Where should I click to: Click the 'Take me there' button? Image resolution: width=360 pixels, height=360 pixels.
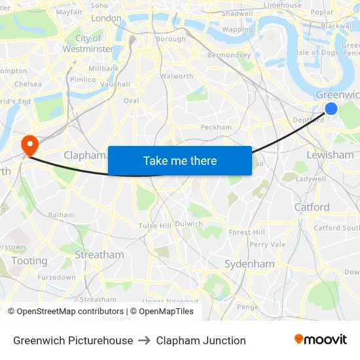click(179, 160)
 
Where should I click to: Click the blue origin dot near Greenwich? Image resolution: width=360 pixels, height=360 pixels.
click(331, 109)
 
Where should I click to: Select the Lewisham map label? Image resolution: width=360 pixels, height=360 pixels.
click(330, 155)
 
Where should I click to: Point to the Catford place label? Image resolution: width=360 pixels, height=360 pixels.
click(312, 207)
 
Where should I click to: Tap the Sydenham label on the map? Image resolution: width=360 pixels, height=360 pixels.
click(249, 264)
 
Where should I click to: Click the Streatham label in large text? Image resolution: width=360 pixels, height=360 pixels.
click(99, 255)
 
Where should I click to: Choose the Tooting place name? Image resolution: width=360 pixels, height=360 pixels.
click(29, 261)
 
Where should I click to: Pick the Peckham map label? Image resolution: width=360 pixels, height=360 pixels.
click(216, 127)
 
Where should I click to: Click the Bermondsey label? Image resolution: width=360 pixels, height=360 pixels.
click(229, 55)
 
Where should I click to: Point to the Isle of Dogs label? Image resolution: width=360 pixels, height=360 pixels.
click(317, 52)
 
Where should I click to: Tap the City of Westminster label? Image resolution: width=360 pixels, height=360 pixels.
click(88, 44)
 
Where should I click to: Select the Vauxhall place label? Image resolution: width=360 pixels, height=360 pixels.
click(115, 84)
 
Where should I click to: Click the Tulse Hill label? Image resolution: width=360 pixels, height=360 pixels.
click(154, 226)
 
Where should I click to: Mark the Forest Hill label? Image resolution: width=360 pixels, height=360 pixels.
click(247, 232)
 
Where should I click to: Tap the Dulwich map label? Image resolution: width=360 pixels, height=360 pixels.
click(189, 223)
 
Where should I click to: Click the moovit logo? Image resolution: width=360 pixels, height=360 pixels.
click(320, 340)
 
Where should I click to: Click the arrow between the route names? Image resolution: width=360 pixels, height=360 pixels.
click(145, 340)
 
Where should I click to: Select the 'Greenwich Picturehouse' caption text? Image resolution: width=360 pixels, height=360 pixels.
click(73, 340)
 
